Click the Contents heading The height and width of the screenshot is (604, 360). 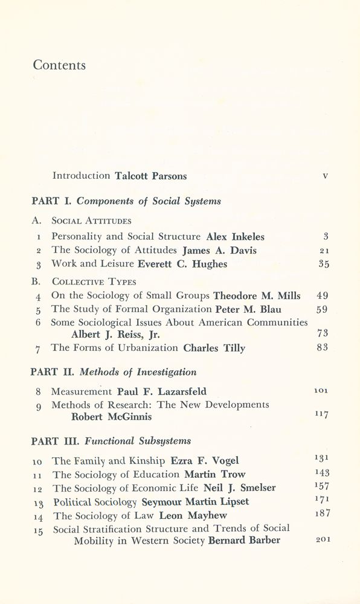pos(59,65)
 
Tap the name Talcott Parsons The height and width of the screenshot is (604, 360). pos(151,176)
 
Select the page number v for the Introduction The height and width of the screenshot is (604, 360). pos(325,176)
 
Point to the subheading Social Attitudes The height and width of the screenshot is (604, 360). pos(91,220)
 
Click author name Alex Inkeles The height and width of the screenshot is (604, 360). pos(235,237)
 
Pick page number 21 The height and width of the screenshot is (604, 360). pos(323,250)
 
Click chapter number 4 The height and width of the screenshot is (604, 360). pos(38,297)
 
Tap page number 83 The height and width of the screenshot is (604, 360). pos(323,348)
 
